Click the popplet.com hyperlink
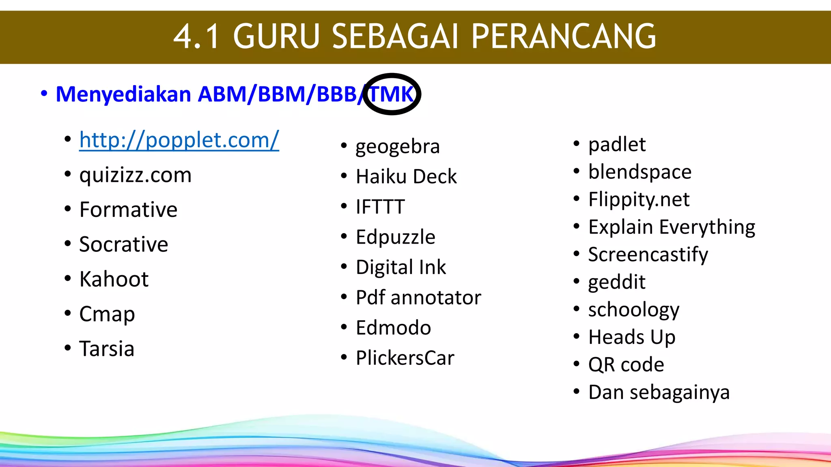coord(179,140)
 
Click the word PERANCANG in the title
coord(564,36)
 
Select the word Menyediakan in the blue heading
coord(123,94)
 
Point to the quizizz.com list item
coord(135,175)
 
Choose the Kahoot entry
coord(114,279)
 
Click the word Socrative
coord(123,244)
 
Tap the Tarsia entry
coord(107,349)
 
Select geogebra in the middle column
coord(398,147)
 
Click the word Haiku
coord(381,177)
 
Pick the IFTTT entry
coord(380,207)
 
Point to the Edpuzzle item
coord(396,237)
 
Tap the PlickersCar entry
coord(405,358)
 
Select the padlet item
coord(617,145)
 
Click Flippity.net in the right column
coord(639,199)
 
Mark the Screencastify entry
coord(648,255)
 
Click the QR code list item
coord(626,365)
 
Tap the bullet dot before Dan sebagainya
coord(577,392)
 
